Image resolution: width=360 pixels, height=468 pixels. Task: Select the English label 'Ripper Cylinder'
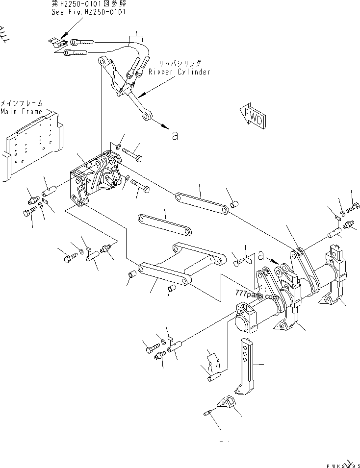pos(180,72)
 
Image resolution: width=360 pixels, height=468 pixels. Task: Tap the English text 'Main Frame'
pos(22,111)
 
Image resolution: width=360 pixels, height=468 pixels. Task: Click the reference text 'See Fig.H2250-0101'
pos(88,11)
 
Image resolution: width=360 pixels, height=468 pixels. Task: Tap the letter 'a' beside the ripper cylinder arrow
pos(175,135)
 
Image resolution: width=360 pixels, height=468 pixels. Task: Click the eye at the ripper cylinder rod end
pos(147,116)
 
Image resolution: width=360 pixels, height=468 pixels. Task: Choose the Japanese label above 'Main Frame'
pos(22,103)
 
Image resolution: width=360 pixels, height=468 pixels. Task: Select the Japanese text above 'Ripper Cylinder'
pos(180,64)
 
